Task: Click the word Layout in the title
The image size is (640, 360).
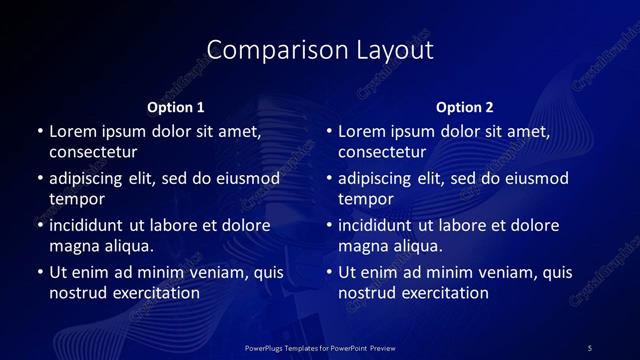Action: point(396,50)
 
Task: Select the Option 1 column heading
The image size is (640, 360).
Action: point(176,107)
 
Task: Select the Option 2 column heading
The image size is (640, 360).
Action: point(465,107)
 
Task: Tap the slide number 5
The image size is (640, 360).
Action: point(590,348)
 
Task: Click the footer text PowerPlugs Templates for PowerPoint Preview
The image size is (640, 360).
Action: point(320,348)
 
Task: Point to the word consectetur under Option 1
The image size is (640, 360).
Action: point(93,152)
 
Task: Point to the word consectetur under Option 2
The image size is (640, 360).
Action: point(382,152)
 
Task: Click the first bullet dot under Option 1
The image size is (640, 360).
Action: point(40,132)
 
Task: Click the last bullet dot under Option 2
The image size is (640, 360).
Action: point(329,272)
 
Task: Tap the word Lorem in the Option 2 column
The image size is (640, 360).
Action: point(361,131)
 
